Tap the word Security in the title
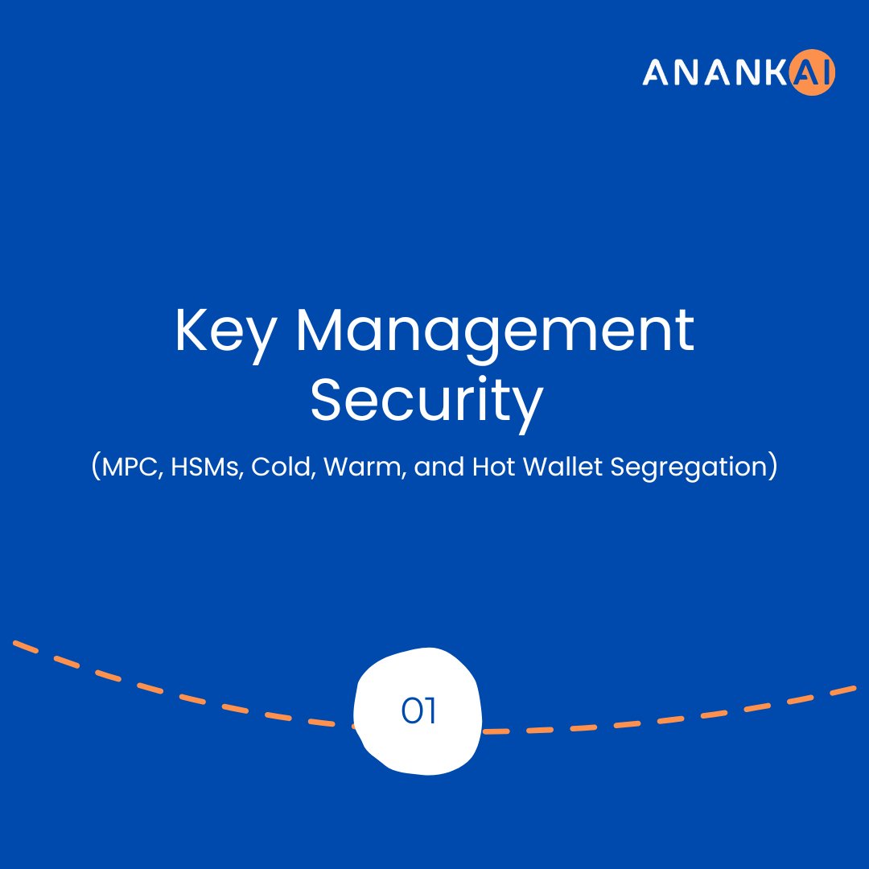(426, 402)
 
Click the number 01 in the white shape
(418, 711)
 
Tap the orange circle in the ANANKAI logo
(813, 74)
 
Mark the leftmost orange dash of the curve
(26, 646)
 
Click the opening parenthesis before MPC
(96, 467)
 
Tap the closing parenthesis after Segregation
(772, 467)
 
